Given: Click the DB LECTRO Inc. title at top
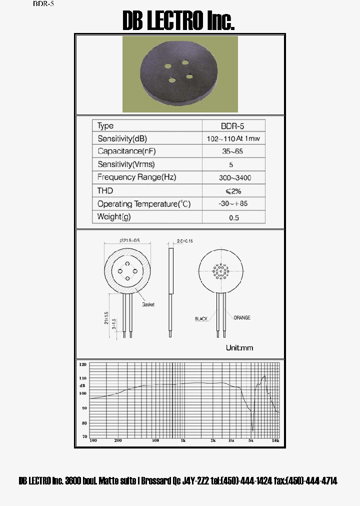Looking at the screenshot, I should point(178,21).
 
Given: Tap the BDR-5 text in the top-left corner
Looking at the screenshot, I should point(43,4).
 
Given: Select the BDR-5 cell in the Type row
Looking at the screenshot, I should point(232,126).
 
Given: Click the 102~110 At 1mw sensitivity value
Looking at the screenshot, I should point(233,139).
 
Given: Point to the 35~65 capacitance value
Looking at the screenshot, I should point(232,151).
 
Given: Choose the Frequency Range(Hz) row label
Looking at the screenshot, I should point(136,177).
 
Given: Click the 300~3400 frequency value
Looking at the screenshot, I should point(233,177).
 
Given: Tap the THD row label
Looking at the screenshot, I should point(105,190).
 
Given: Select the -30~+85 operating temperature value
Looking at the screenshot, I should point(233,204).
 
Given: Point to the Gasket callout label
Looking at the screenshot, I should point(148,304).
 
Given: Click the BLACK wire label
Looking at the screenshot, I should point(202,318).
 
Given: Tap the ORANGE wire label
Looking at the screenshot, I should point(242,317).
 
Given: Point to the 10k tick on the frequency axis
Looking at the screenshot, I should point(275,441).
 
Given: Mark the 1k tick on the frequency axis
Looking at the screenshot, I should point(183,441).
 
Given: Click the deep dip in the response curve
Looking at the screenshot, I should point(252,429).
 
